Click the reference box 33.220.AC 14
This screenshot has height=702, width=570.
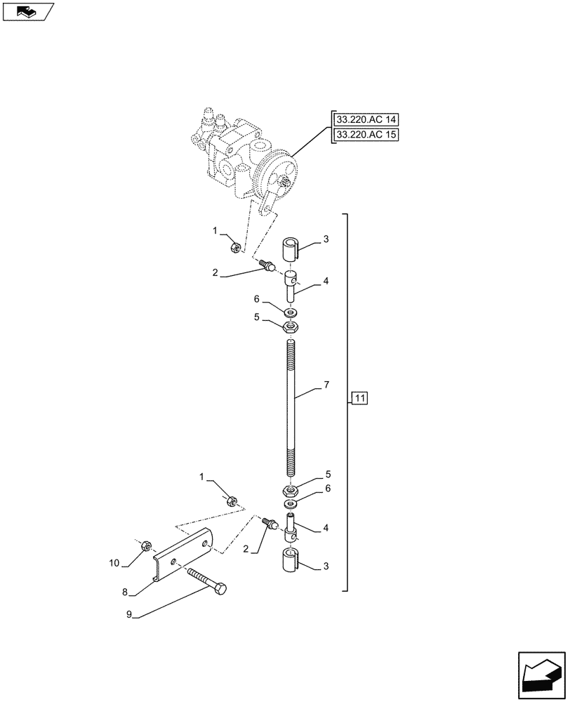366,119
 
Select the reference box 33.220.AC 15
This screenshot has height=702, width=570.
366,134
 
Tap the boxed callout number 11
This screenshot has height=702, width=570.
359,399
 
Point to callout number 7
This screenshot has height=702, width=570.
326,386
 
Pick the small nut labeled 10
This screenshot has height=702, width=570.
147,545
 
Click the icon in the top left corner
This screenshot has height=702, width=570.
27,11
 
